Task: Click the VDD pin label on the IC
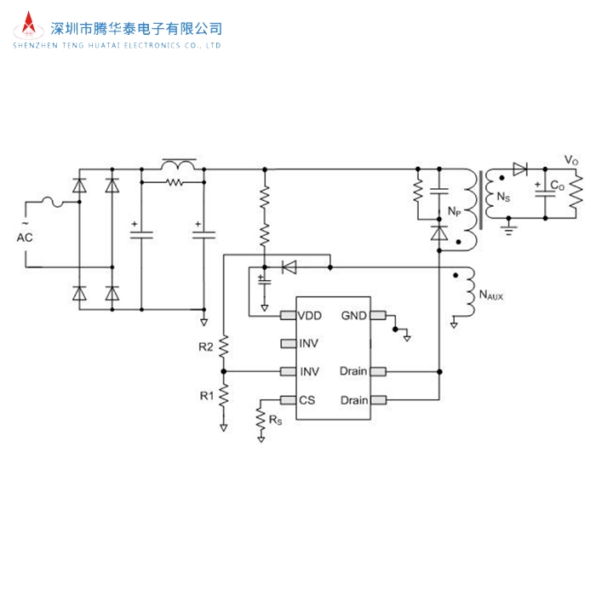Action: [310, 315]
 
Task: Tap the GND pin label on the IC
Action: [354, 315]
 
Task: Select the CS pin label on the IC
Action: [307, 400]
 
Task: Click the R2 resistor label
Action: [205, 347]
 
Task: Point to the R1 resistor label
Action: [205, 395]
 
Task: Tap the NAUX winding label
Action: [492, 295]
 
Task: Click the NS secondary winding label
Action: [503, 198]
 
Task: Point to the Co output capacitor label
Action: [555, 185]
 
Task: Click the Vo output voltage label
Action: [571, 160]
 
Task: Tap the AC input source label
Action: [25, 238]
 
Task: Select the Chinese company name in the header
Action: [137, 28]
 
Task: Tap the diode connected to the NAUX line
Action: [288, 266]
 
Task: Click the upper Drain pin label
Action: [353, 371]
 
